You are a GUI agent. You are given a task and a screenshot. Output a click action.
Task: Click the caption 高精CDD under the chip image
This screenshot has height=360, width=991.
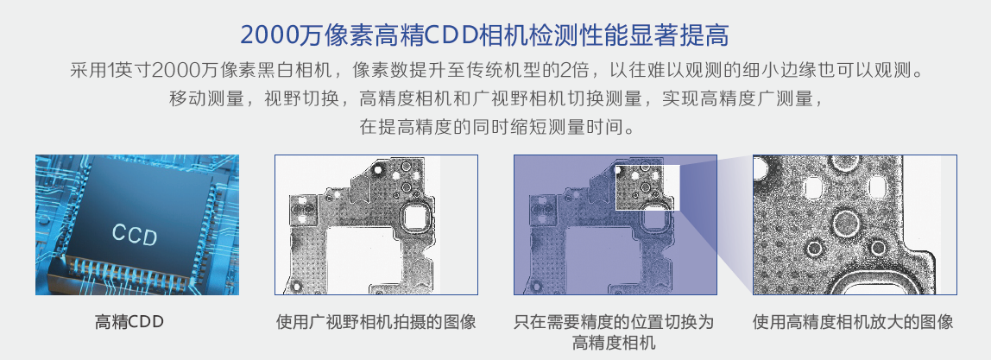point(129,323)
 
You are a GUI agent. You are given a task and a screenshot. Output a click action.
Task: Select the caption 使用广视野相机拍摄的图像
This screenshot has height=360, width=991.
point(376,323)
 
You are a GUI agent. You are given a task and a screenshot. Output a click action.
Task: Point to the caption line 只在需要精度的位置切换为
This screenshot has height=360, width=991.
point(614,323)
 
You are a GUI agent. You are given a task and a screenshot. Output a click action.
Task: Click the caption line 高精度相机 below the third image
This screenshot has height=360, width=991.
point(614,344)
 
